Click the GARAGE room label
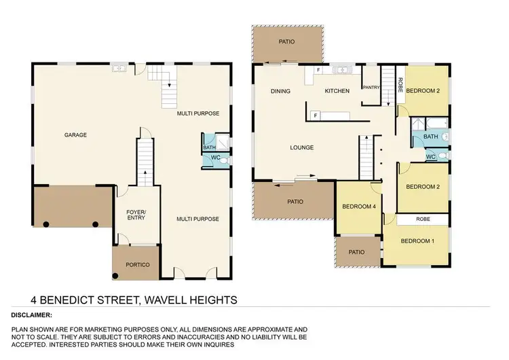[x=75, y=134]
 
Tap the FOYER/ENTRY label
[x=136, y=215]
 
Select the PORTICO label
[x=138, y=264]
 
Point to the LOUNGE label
[x=301, y=147]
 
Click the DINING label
[x=280, y=91]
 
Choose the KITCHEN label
[x=337, y=91]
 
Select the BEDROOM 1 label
[x=417, y=240]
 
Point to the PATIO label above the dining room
[x=287, y=42]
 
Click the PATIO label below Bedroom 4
[x=357, y=252]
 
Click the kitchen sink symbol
[x=340, y=69]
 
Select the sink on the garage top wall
[x=118, y=68]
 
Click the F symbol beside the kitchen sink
[x=318, y=69]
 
